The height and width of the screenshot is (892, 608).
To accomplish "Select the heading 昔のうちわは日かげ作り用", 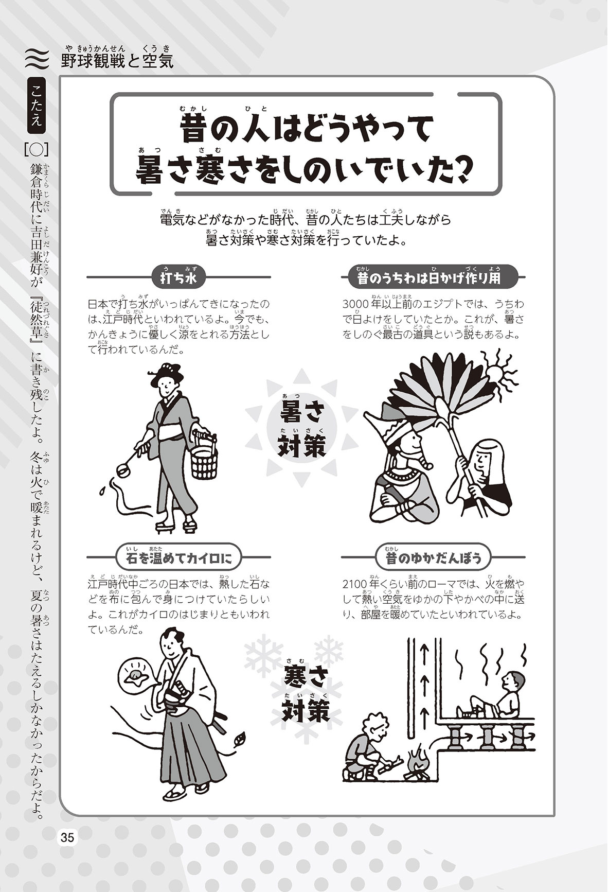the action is click(428, 278).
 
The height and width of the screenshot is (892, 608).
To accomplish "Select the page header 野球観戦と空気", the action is click(117, 61).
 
